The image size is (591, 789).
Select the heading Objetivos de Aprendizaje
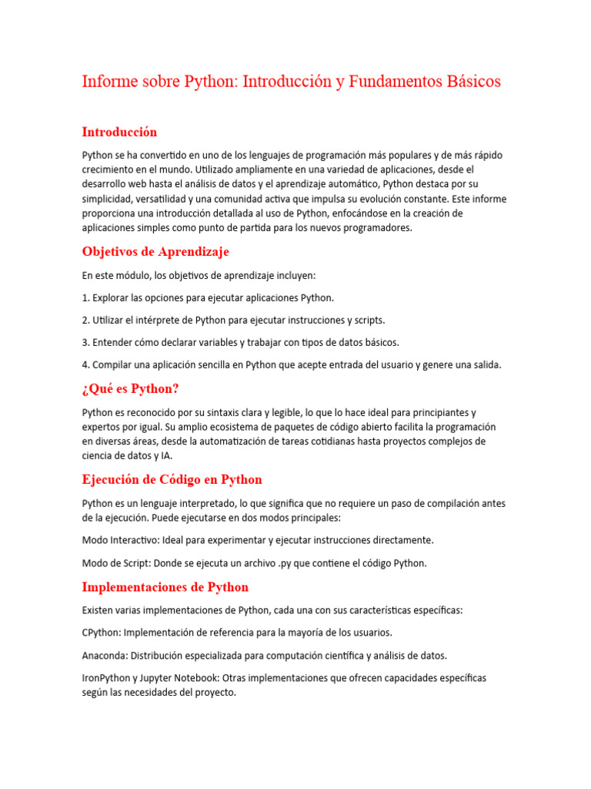point(155,252)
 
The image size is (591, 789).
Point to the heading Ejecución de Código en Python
point(172,479)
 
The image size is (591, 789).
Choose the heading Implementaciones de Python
point(165,587)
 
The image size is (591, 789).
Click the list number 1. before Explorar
point(86,297)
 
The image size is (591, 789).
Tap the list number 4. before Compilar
point(86,365)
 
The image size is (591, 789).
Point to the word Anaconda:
point(105,656)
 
